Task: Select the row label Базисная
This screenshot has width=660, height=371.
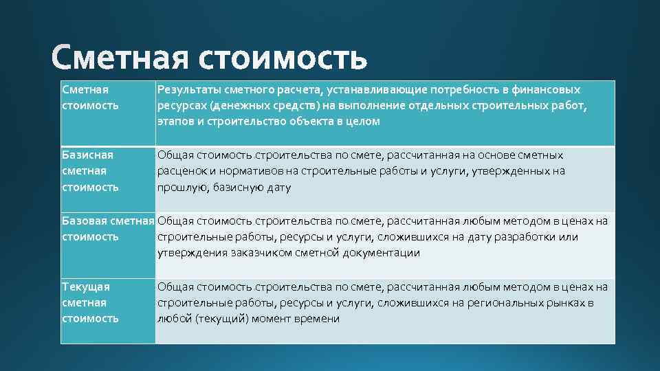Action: pos(87,155)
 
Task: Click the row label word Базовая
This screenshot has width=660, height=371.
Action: pos(84,221)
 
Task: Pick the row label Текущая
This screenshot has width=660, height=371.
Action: pos(85,287)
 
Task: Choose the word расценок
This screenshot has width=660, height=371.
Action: pos(180,171)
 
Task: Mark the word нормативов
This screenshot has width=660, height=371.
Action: pos(252,171)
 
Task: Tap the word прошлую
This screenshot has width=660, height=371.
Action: pos(180,187)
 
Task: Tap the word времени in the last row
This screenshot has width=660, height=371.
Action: pos(318,319)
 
